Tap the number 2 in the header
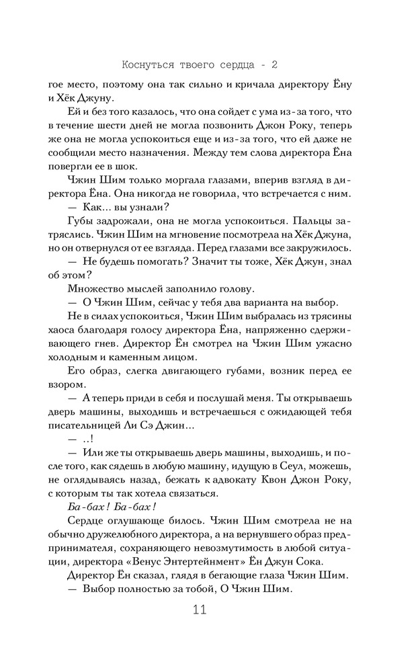pyautogui.click(x=274, y=65)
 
